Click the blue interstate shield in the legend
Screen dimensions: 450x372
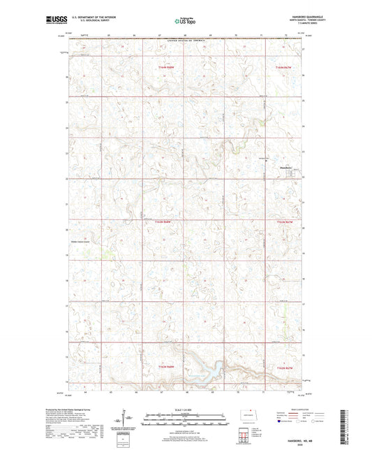point(281,421)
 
